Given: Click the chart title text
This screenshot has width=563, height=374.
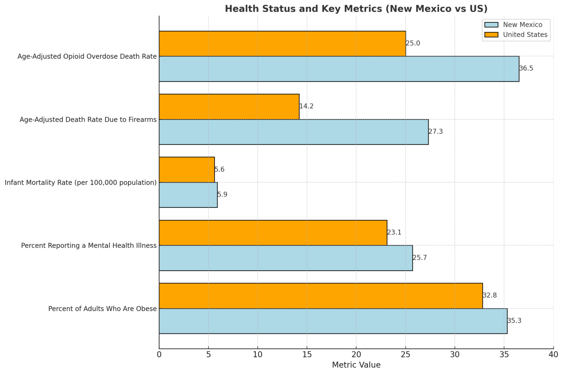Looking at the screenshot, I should [x=356, y=9].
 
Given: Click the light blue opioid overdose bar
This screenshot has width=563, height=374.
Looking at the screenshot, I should [x=339, y=69].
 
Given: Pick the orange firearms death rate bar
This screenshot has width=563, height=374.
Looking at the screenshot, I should [x=229, y=107].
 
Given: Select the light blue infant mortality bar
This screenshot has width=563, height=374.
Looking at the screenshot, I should [x=188, y=195].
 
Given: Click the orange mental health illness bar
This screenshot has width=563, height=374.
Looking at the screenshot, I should [x=273, y=233].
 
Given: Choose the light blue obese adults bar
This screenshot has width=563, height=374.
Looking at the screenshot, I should [x=333, y=321].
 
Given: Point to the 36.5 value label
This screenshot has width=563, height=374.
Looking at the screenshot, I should [x=526, y=69].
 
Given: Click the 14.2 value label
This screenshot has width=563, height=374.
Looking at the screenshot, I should [x=306, y=106].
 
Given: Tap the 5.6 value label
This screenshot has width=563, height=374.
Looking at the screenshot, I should [x=220, y=169].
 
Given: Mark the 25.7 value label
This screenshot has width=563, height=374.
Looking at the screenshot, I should [x=420, y=258].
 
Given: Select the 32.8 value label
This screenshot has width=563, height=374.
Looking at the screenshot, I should [x=490, y=296].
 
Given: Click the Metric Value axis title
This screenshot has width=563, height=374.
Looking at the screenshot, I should [x=356, y=365].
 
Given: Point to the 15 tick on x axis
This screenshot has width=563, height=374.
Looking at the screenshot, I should [x=307, y=355].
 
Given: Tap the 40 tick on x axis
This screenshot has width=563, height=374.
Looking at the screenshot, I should [x=553, y=355].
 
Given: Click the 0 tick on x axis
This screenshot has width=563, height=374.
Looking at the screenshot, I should [x=159, y=355].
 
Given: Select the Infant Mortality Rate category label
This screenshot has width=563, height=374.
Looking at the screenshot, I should [x=81, y=183].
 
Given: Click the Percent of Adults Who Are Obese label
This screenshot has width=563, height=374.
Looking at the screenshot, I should [x=102, y=309].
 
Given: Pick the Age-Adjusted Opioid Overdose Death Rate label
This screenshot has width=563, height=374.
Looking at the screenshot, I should [x=87, y=56].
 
